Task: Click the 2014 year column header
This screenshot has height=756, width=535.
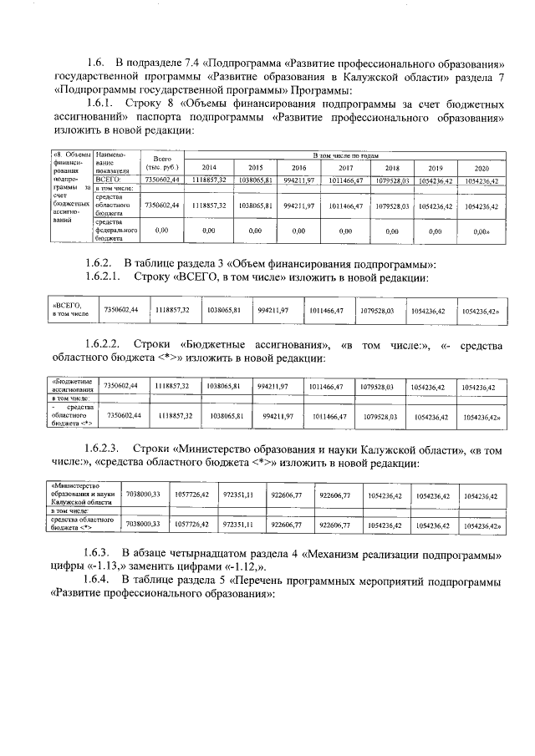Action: coord(209,167)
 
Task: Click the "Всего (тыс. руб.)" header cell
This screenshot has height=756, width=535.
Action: coord(163,161)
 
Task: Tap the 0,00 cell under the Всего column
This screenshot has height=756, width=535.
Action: coord(163,230)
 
